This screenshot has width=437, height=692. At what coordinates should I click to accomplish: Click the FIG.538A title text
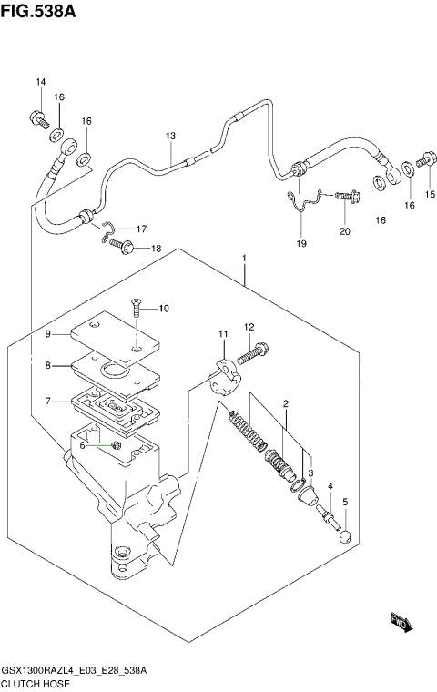coord(38,11)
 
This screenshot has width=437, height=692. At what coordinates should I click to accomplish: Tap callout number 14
coord(41,82)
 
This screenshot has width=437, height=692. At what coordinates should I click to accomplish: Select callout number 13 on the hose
coord(171,136)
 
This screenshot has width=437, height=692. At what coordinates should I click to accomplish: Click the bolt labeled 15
coord(426,158)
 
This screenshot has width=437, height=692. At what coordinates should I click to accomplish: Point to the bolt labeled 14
coord(38,119)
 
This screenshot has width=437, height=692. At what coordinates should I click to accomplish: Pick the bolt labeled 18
coord(123,246)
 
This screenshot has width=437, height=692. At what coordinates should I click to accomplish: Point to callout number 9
coord(47,334)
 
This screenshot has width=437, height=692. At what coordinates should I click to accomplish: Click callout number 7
coord(47,402)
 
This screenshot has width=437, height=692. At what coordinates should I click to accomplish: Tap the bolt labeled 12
coord(252,352)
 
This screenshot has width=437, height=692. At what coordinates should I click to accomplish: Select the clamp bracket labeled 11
coord(224,377)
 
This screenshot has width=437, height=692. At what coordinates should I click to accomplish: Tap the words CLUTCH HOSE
coord(36,684)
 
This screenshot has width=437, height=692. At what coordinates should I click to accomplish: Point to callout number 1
coord(244,258)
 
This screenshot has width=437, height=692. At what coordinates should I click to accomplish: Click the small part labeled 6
coord(117,445)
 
